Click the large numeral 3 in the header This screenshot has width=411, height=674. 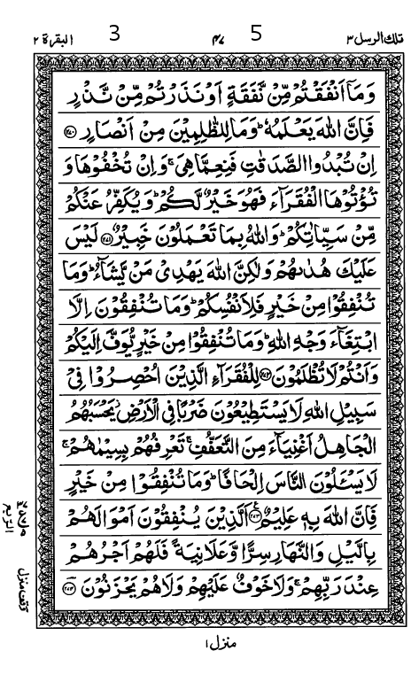[x=115, y=35]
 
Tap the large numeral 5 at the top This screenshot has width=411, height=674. [x=257, y=35]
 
